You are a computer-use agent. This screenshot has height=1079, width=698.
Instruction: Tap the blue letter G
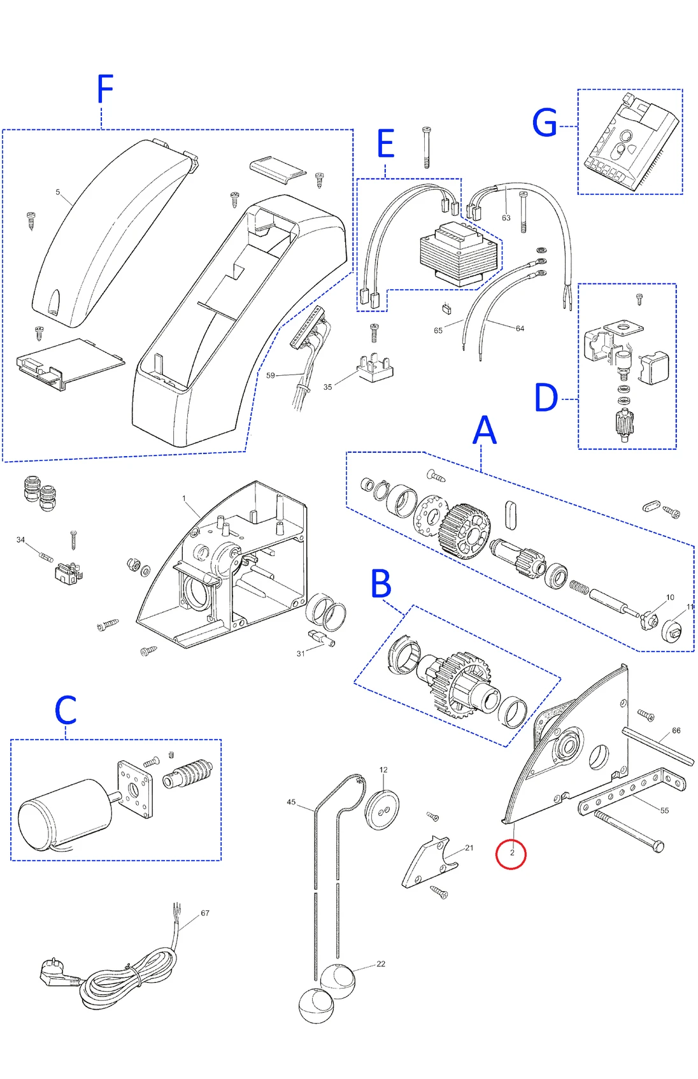(x=545, y=123)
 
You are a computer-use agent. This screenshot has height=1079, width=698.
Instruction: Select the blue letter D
(x=546, y=398)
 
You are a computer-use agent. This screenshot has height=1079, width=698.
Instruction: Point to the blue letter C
(x=66, y=710)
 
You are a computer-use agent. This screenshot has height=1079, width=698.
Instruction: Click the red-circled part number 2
(x=511, y=853)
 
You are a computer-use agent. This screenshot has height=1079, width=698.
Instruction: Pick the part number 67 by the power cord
(x=205, y=913)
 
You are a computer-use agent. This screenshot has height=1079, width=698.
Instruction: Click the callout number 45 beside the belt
(x=291, y=802)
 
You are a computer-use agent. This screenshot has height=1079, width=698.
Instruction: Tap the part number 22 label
(x=381, y=964)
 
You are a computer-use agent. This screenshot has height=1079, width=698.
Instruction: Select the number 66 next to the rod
(x=676, y=731)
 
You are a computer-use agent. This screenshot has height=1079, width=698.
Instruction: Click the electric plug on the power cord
(x=56, y=972)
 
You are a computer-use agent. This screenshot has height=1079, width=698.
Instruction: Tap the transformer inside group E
(x=457, y=254)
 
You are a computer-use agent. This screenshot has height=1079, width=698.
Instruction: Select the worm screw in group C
(x=188, y=773)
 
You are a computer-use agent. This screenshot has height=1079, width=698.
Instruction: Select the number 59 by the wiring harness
(x=271, y=375)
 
